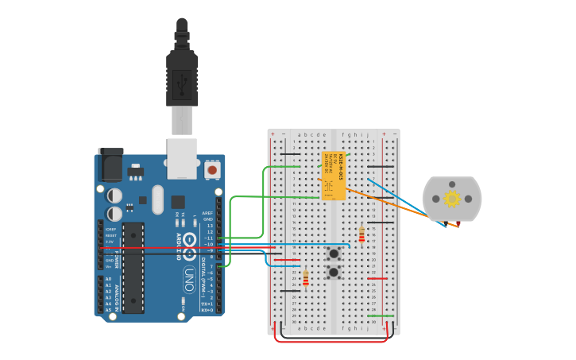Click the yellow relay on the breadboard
coord(334,176)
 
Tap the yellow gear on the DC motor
coord(452,199)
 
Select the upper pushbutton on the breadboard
coord(334,254)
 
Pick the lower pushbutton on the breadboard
coord(334,273)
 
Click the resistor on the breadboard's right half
coord(361,234)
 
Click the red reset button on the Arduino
coord(211,170)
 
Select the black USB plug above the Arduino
coord(182,76)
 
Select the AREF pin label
coord(207,214)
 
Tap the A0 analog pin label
coord(108,279)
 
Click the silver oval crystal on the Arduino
coord(157,199)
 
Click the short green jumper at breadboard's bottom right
coord(381,315)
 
